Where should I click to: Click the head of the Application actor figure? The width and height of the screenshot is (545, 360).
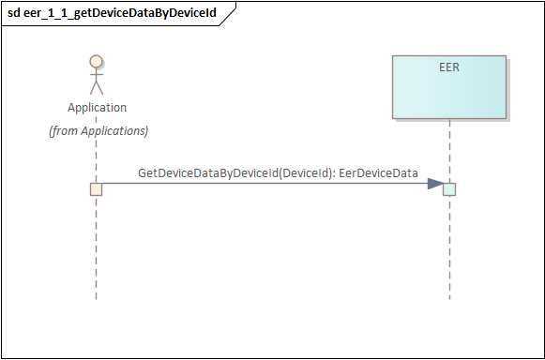97,61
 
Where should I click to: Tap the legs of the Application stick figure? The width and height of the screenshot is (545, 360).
97,88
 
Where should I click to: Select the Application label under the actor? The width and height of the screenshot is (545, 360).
97,108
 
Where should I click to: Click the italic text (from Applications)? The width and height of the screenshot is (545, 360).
98,131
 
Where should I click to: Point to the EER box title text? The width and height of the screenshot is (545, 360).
449,67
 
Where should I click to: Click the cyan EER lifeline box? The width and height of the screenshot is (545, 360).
449,87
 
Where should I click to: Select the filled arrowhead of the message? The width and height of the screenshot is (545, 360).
435,184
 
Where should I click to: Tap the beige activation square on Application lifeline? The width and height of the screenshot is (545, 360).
97,189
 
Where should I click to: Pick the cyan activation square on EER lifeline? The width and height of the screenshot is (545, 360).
449,189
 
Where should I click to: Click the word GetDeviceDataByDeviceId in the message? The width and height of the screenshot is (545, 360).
208,173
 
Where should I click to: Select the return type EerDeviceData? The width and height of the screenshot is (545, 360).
378,173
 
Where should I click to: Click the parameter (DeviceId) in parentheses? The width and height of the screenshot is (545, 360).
304,173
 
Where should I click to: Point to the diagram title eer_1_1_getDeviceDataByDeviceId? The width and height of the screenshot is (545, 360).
120,13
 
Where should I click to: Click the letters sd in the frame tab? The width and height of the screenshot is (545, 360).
14,13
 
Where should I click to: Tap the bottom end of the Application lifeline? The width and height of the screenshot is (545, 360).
97,299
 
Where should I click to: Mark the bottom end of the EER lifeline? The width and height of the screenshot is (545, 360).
449,299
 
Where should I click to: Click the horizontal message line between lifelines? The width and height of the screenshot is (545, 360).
265,184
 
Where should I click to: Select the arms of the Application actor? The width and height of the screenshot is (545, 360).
97,74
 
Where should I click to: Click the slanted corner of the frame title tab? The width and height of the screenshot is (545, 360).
228,14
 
